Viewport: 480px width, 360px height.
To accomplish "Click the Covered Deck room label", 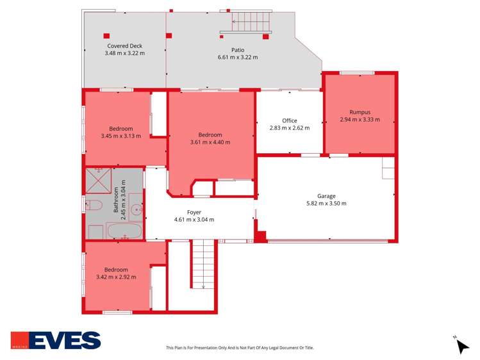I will (x=124, y=46).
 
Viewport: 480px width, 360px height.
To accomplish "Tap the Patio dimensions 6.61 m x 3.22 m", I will (x=238, y=58).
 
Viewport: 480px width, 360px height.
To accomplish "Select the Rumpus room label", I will (x=360, y=112).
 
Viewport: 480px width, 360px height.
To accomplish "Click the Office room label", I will (x=290, y=120).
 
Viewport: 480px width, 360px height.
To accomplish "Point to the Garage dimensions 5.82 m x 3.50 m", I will (x=326, y=204).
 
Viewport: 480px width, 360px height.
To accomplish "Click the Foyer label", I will (x=194, y=212).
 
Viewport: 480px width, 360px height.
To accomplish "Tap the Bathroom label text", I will (x=117, y=200).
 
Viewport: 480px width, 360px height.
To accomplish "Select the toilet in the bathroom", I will (x=94, y=205).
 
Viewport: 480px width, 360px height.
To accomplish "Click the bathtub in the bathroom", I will (x=125, y=231).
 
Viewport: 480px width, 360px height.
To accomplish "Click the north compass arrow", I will (x=462, y=345).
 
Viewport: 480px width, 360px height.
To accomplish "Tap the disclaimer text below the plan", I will (x=240, y=348).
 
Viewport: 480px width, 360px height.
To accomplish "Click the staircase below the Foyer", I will (x=204, y=264).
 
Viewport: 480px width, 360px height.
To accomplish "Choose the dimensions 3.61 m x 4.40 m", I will (x=210, y=142).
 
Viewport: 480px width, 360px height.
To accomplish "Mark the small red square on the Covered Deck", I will (x=106, y=35).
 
